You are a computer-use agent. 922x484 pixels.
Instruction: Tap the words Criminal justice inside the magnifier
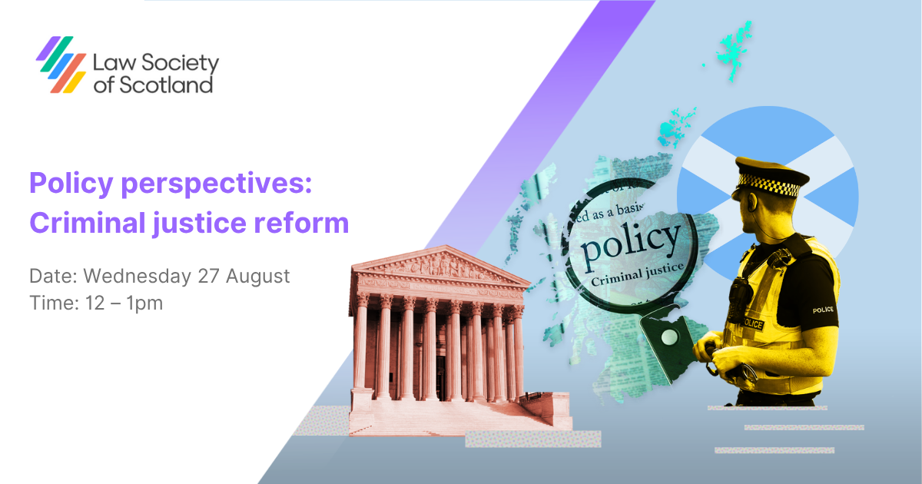click(x=629, y=271)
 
